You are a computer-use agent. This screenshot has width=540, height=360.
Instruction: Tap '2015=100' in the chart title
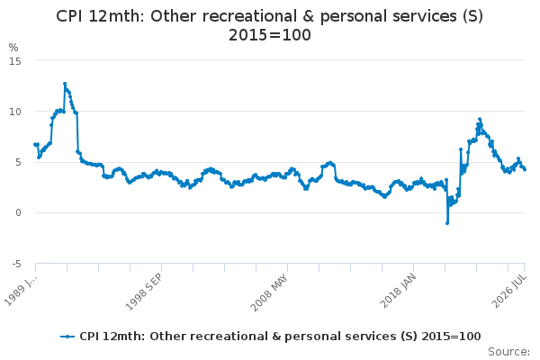(270, 35)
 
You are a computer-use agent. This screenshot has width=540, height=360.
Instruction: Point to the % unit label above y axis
(13, 47)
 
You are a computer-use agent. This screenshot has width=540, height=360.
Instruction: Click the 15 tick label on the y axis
(15, 61)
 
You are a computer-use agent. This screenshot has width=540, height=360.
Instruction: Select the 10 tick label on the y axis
(15, 112)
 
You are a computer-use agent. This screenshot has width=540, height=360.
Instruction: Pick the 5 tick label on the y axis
(18, 162)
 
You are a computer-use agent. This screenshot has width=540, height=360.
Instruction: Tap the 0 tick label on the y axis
(18, 212)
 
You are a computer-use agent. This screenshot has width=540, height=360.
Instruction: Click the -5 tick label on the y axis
(16, 264)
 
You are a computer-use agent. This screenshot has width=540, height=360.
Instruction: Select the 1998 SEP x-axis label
(144, 292)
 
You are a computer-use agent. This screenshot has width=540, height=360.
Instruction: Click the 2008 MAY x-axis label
(270, 292)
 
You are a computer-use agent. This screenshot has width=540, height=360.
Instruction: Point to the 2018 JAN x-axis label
(398, 291)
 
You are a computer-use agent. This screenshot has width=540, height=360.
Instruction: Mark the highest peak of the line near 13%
(65, 84)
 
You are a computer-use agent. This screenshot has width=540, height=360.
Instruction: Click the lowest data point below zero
(447, 223)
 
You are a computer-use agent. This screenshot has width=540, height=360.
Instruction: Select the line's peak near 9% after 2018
(480, 119)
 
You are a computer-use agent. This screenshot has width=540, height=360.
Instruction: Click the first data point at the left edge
(35, 144)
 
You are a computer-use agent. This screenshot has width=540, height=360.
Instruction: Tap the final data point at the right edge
(525, 169)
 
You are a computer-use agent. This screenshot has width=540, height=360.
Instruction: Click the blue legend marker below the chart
(67, 337)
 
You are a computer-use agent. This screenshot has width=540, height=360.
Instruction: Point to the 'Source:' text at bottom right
(508, 352)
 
